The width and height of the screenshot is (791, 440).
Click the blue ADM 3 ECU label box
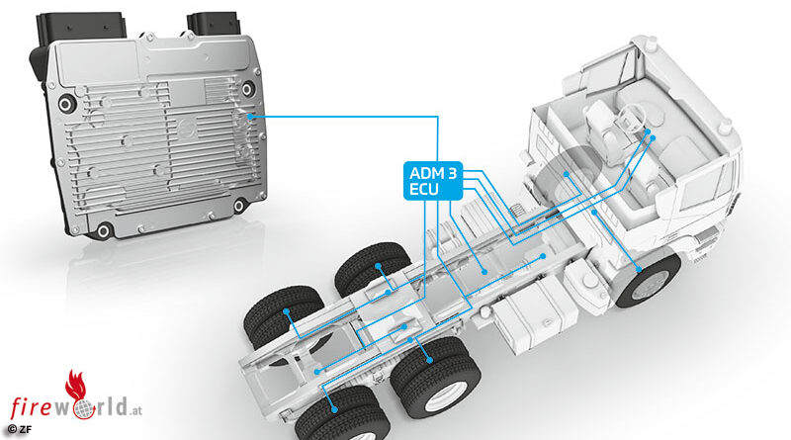click(433, 181)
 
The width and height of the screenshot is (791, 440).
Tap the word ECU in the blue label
click(424, 190)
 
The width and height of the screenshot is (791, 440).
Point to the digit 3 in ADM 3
click(452, 173)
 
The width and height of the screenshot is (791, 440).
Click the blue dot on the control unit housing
click(250, 117)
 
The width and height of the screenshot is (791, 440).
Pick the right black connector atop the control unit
click(213, 24)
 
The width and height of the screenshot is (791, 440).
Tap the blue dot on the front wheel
click(639, 270)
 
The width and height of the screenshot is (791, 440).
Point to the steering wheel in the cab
click(630, 120)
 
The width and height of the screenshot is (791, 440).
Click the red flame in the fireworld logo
click(76, 386)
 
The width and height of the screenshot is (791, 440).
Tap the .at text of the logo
click(134, 411)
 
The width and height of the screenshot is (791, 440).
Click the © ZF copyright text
click(19, 430)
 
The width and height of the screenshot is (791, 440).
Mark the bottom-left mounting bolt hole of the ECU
click(104, 231)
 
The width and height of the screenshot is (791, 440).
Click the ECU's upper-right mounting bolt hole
click(246, 89)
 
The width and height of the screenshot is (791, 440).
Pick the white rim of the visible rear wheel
click(445, 396)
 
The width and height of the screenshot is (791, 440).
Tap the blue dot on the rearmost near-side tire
click(334, 409)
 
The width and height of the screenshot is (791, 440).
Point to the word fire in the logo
click(32, 407)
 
